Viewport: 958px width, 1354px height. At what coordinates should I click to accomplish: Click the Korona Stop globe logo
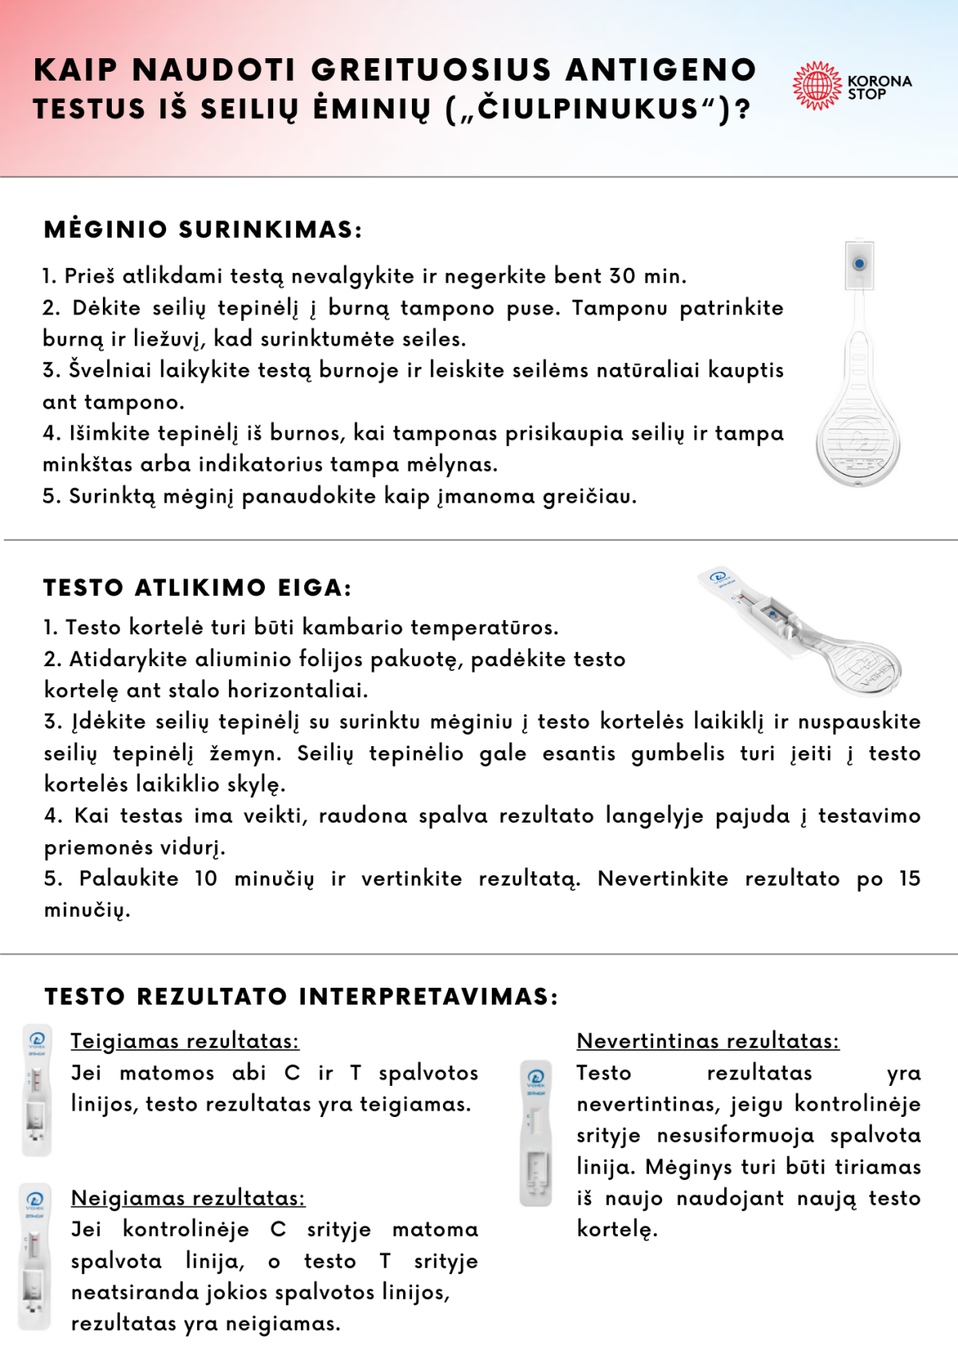817,85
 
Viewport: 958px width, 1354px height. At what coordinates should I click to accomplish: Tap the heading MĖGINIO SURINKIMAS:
203,230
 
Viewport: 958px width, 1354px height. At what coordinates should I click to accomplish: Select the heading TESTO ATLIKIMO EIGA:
197,588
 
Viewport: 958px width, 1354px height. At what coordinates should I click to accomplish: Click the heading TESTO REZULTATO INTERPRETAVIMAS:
301,997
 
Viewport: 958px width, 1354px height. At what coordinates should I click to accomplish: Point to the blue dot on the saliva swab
859,263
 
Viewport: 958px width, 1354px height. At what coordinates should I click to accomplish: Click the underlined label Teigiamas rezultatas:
184,1041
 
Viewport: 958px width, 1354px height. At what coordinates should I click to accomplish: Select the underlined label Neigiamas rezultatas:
188,1198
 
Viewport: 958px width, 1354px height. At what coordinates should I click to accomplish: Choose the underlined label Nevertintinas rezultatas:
707,1041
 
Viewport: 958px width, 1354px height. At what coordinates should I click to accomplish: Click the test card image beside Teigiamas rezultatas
36,1090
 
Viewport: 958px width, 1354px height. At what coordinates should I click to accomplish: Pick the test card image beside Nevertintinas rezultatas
536,1133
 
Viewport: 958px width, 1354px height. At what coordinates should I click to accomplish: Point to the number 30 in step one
623,276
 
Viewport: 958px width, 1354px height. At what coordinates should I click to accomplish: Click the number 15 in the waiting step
909,878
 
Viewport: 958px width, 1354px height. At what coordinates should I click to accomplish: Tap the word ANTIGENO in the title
661,70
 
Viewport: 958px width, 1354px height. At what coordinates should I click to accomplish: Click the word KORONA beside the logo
879,81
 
